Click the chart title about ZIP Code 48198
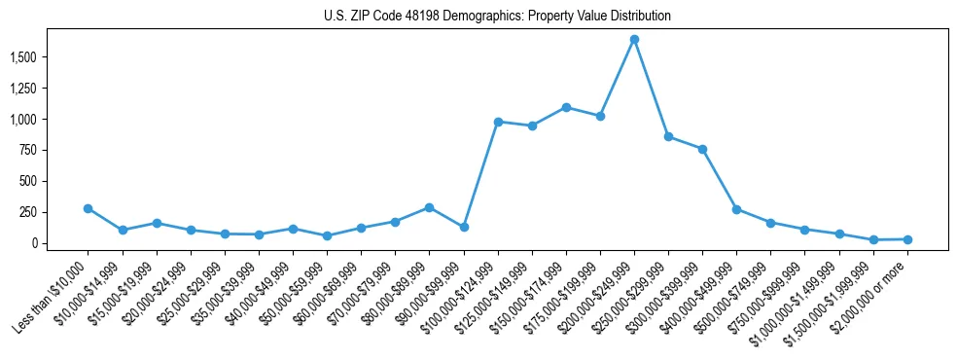[497, 17]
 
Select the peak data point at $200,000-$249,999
[634, 40]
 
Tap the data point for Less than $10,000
[89, 208]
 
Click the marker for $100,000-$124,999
[498, 122]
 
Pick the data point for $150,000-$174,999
[566, 107]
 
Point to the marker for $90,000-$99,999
[464, 227]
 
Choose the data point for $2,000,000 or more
[907, 239]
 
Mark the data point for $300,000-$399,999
[702, 149]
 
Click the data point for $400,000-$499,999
[736, 209]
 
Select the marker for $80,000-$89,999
[429, 207]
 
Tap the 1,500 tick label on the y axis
[50, 57]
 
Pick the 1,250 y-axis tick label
[50, 89]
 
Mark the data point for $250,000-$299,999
[668, 136]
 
